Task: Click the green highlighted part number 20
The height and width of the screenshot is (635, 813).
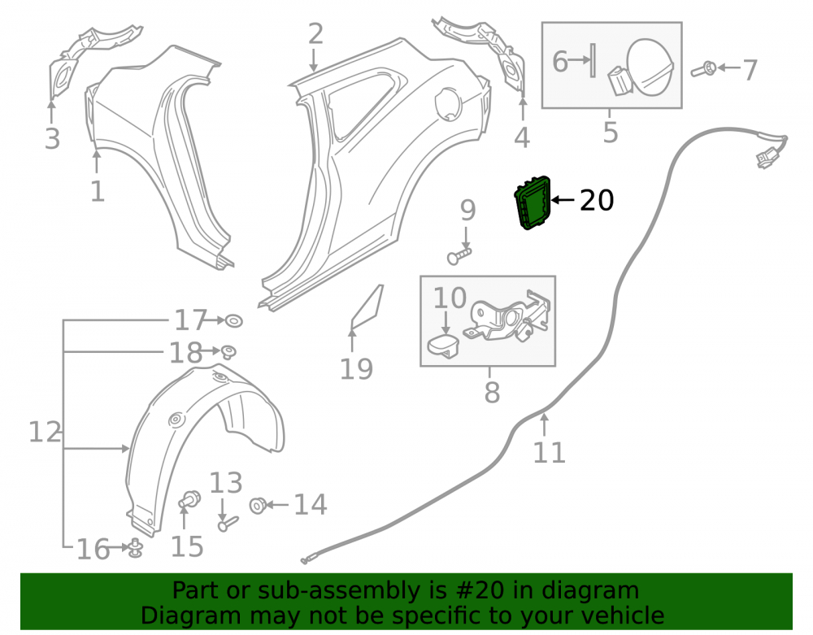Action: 532,202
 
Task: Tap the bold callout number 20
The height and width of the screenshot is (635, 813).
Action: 596,201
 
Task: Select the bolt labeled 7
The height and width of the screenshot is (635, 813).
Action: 703,69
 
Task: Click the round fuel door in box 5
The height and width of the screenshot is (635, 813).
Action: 650,67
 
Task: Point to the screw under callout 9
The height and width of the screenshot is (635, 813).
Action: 459,255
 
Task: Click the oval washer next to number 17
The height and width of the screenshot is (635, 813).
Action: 234,321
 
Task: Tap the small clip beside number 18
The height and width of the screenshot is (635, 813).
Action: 228,351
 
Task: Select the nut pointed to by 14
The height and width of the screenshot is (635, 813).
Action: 259,504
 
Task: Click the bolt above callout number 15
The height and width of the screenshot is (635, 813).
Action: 189,499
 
